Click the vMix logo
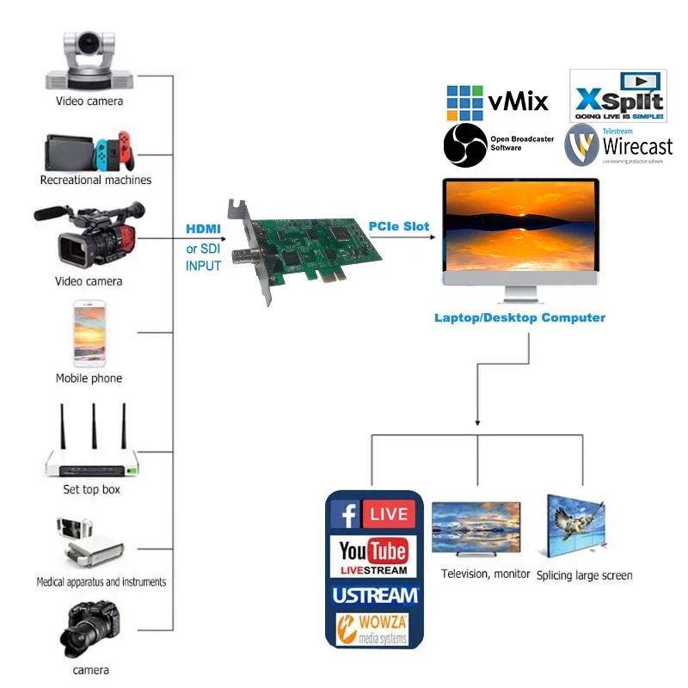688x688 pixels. tap(496, 102)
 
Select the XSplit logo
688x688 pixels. tap(618, 96)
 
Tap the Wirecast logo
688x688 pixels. tap(618, 144)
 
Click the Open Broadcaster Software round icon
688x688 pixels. tap(465, 144)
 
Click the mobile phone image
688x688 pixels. tap(89, 334)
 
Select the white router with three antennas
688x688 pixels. tap(92, 447)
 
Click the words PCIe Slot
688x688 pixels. tap(399, 226)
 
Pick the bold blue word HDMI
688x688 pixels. tap(204, 230)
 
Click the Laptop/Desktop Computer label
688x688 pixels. tap(519, 318)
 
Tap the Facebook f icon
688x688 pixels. tap(345, 515)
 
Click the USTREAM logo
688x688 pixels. tap(374, 595)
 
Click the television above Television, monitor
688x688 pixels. tap(476, 528)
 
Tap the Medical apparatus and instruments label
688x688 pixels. tap(101, 582)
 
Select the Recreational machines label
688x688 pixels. tap(95, 181)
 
